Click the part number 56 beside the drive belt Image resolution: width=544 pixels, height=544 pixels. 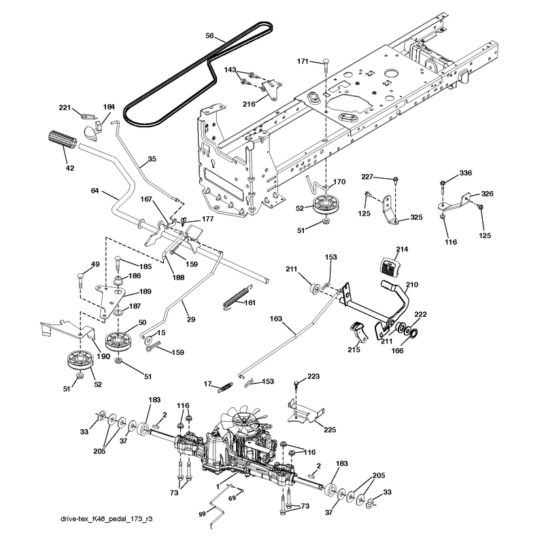[x=209, y=36]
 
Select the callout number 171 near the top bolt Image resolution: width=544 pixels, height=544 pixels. [x=303, y=61]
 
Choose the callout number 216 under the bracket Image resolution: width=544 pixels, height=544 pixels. [x=249, y=104]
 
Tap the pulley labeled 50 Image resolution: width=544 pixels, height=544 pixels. [x=120, y=341]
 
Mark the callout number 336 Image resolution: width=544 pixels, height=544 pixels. [x=465, y=173]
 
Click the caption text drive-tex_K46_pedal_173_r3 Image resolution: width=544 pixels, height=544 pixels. [x=107, y=519]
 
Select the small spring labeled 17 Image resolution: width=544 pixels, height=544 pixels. [x=225, y=387]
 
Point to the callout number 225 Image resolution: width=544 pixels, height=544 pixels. [x=330, y=430]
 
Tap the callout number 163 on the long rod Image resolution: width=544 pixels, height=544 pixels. [x=276, y=318]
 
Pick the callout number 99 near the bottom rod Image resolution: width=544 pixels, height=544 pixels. [x=202, y=514]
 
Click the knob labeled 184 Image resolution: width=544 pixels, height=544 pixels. [x=92, y=131]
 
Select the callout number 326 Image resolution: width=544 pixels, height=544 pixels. [x=487, y=194]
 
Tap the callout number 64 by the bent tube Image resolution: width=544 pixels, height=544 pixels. [x=95, y=190]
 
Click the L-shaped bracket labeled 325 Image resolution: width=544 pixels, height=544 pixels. [x=390, y=210]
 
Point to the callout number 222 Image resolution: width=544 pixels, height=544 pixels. [x=420, y=314]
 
